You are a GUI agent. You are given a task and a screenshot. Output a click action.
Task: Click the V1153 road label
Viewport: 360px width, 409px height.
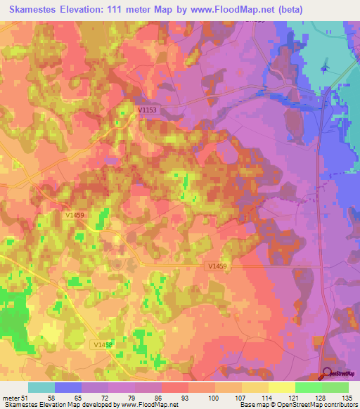(x=148, y=110)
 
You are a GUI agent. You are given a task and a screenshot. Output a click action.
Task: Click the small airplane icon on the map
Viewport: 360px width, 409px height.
(x=323, y=67)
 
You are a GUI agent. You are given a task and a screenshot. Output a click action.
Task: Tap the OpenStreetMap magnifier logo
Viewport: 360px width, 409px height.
(x=328, y=375)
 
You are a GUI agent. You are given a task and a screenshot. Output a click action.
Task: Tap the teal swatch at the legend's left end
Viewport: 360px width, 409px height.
(x=41, y=387)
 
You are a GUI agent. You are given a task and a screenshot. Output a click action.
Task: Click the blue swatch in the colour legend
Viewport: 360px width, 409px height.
(x=68, y=387)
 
